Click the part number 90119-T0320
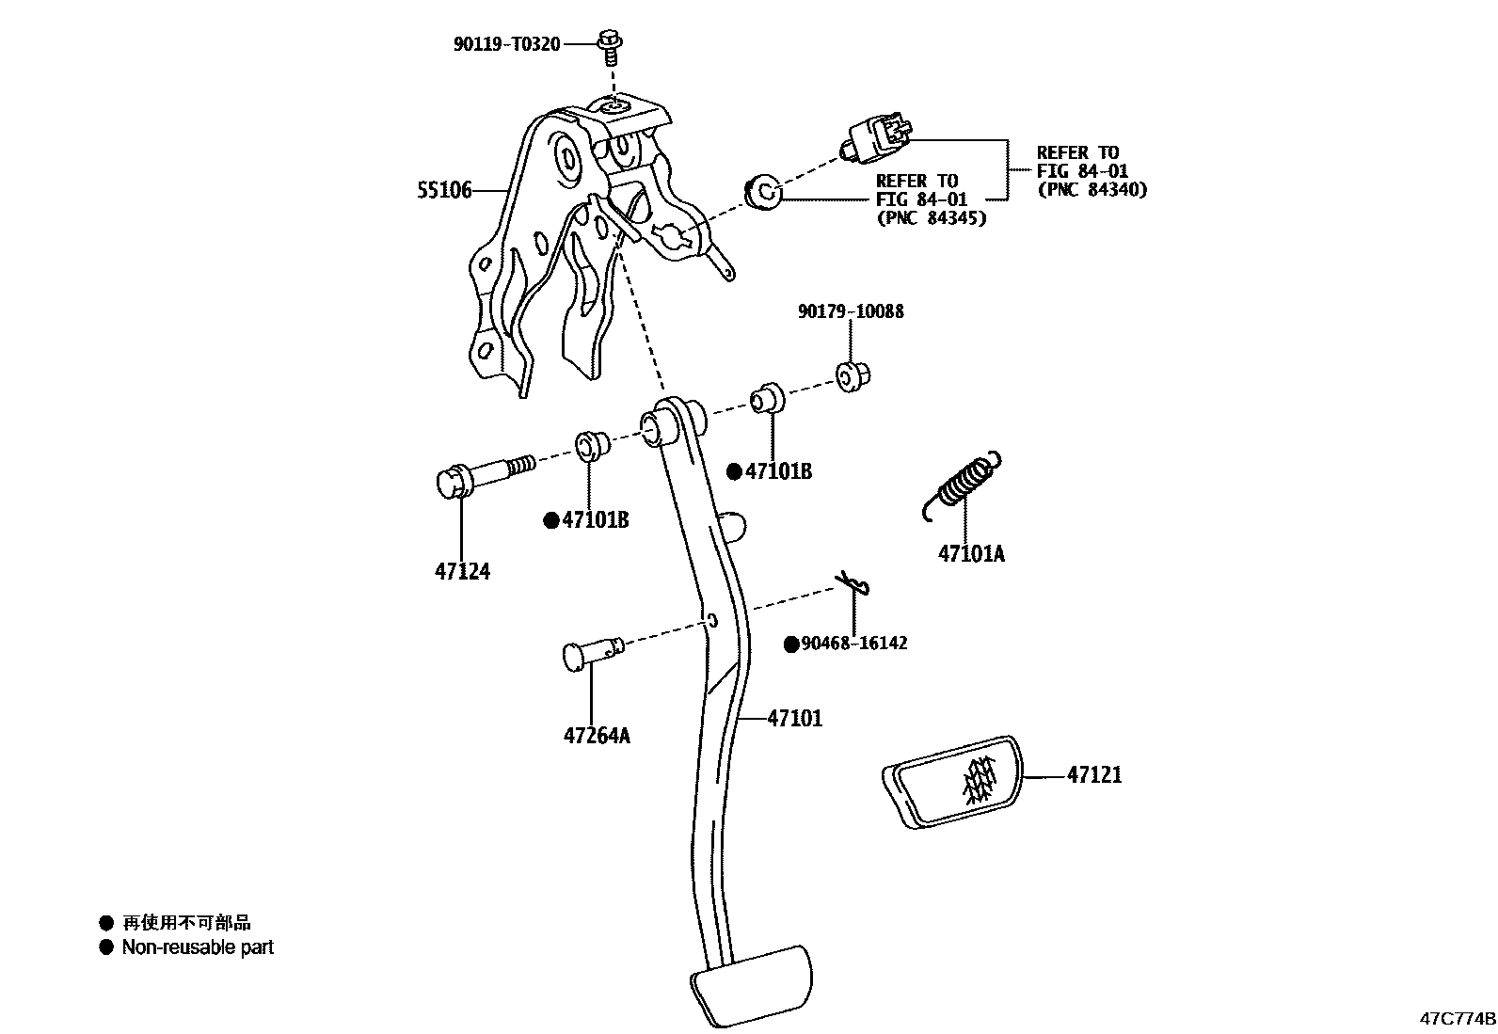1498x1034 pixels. coord(506,43)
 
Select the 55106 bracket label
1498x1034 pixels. coord(444,191)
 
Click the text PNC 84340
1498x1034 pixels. coord(1092,189)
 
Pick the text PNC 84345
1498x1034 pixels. coord(931,218)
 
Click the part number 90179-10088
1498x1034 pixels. coord(851,311)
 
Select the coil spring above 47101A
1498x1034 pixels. coord(962,485)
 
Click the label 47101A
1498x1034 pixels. coord(971,553)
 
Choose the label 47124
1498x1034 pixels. coord(462,571)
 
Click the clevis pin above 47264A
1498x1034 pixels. coord(591,651)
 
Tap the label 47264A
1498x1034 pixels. coord(597,735)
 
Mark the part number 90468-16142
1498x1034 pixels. coord(853,644)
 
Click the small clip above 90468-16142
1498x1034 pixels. coord(853,584)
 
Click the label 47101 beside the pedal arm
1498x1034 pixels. coord(794,719)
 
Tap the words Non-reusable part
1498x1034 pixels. coord(198,947)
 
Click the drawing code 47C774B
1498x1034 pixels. coord(1457,1019)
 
